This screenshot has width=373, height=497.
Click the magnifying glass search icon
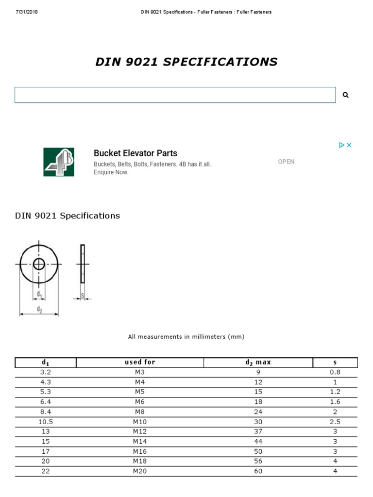(346, 95)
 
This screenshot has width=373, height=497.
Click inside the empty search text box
(175, 95)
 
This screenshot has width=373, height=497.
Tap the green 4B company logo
(59, 162)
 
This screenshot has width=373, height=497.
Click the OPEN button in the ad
(286, 162)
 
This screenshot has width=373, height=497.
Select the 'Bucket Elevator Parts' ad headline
(136, 153)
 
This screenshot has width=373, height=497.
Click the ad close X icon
(349, 145)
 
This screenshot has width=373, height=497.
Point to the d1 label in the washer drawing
(40, 295)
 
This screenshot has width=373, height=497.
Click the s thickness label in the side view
(83, 295)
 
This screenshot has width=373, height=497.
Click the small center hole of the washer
(39, 264)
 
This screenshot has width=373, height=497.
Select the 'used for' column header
(140, 362)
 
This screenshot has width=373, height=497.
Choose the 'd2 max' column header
(258, 362)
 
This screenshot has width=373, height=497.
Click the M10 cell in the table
(140, 422)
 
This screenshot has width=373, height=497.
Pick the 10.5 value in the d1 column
(46, 422)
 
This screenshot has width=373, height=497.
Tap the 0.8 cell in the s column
(335, 372)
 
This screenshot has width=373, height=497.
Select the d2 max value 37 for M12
(258, 431)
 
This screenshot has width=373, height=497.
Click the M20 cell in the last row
(140, 471)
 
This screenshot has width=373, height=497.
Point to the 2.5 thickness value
(335, 422)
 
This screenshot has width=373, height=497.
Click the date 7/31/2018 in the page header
(27, 12)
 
